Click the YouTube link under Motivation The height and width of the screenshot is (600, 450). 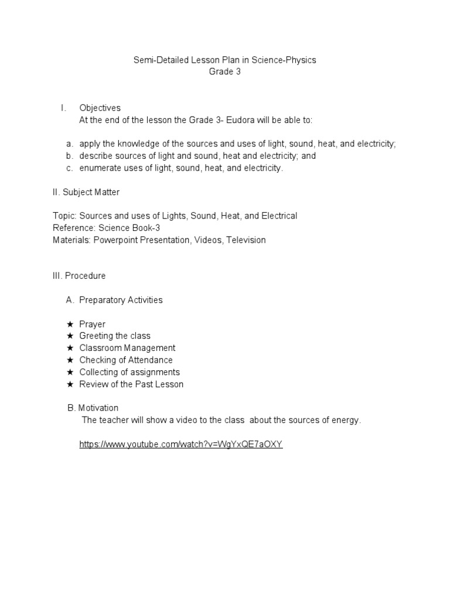181,445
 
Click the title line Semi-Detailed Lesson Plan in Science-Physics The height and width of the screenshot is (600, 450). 225,60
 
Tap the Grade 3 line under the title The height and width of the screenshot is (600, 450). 225,72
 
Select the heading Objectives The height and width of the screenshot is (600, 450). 100,108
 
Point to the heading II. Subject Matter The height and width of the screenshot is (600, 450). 86,192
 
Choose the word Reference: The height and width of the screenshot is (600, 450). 73,228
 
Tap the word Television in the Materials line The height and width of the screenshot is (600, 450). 246,240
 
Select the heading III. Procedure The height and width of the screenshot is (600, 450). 79,275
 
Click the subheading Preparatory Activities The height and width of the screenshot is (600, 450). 121,300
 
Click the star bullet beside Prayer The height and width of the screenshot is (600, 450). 70,324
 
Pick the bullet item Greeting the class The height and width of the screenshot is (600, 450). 115,336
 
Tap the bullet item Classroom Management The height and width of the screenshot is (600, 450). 127,348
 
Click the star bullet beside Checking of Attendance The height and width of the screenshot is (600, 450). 70,360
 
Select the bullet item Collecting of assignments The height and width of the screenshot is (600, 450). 129,372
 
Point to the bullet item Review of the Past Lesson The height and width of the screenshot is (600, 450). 131,384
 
